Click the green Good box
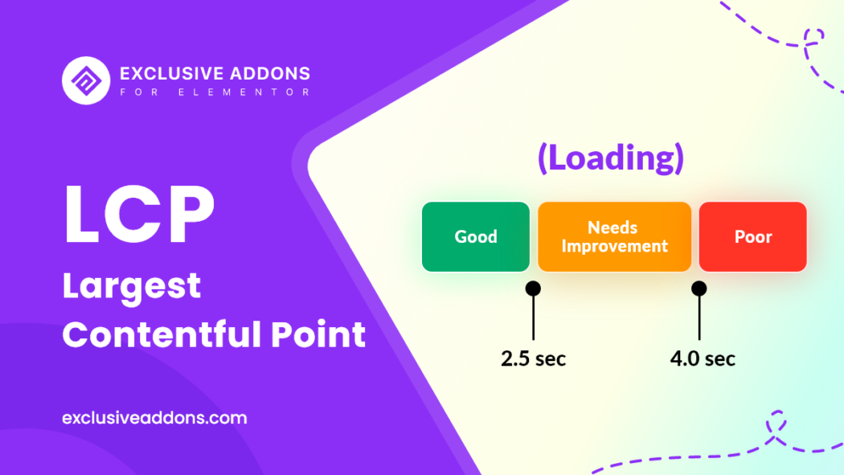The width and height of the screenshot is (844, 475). [476, 236]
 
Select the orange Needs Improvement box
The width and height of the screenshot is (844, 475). [614, 236]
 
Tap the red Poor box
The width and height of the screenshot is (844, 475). [752, 236]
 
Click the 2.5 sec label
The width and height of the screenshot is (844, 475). [534, 358]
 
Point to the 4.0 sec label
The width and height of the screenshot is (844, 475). [703, 358]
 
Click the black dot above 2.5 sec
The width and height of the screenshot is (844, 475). [533, 289]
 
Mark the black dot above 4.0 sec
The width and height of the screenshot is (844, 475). [699, 289]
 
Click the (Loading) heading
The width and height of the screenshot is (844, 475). [611, 158]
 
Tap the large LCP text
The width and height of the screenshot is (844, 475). [139, 214]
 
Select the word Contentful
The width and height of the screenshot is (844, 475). [162, 334]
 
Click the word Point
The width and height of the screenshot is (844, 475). [318, 334]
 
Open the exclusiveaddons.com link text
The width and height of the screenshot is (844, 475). [154, 418]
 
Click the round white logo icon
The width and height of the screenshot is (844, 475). [86, 80]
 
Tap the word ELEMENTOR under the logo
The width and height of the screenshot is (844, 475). [244, 92]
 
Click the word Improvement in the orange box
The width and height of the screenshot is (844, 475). [615, 247]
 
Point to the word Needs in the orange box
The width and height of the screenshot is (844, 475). [613, 227]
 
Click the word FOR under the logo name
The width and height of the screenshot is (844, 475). [140, 92]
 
